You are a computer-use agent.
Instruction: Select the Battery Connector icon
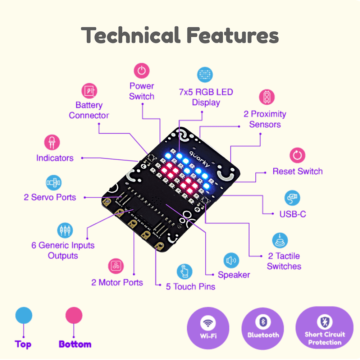tap(89, 91)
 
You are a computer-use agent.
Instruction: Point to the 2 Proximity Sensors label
tap(265, 119)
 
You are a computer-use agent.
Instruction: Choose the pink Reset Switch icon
tap(297, 155)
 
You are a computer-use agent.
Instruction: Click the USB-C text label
tap(293, 214)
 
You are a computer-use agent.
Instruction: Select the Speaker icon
tap(231, 260)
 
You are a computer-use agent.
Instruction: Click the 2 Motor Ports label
tap(117, 282)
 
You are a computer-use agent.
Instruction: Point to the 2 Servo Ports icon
tap(54, 183)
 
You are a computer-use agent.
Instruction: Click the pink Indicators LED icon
tap(52, 143)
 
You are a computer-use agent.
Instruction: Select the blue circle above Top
tap(24, 315)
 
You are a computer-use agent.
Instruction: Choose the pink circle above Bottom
tap(74, 315)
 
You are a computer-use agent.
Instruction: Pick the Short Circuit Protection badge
tap(324, 328)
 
